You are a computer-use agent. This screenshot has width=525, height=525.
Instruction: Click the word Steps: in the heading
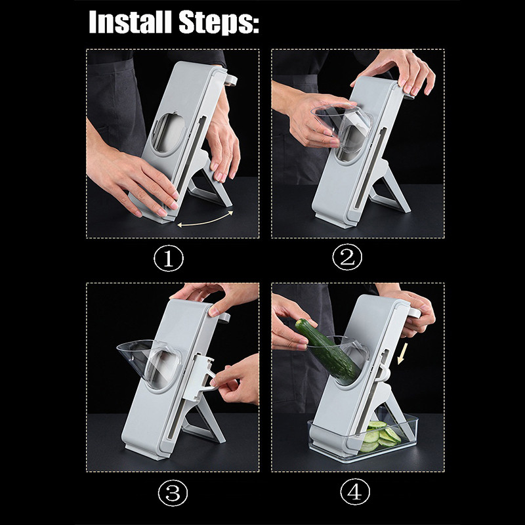pyautogui.click(x=217, y=22)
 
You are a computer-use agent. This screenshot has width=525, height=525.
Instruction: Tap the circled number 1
pyautogui.click(x=169, y=259)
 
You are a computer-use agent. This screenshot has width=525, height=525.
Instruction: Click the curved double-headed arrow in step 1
pyautogui.click(x=206, y=219)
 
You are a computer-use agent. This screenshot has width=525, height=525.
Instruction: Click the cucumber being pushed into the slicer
pyautogui.click(x=329, y=350)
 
